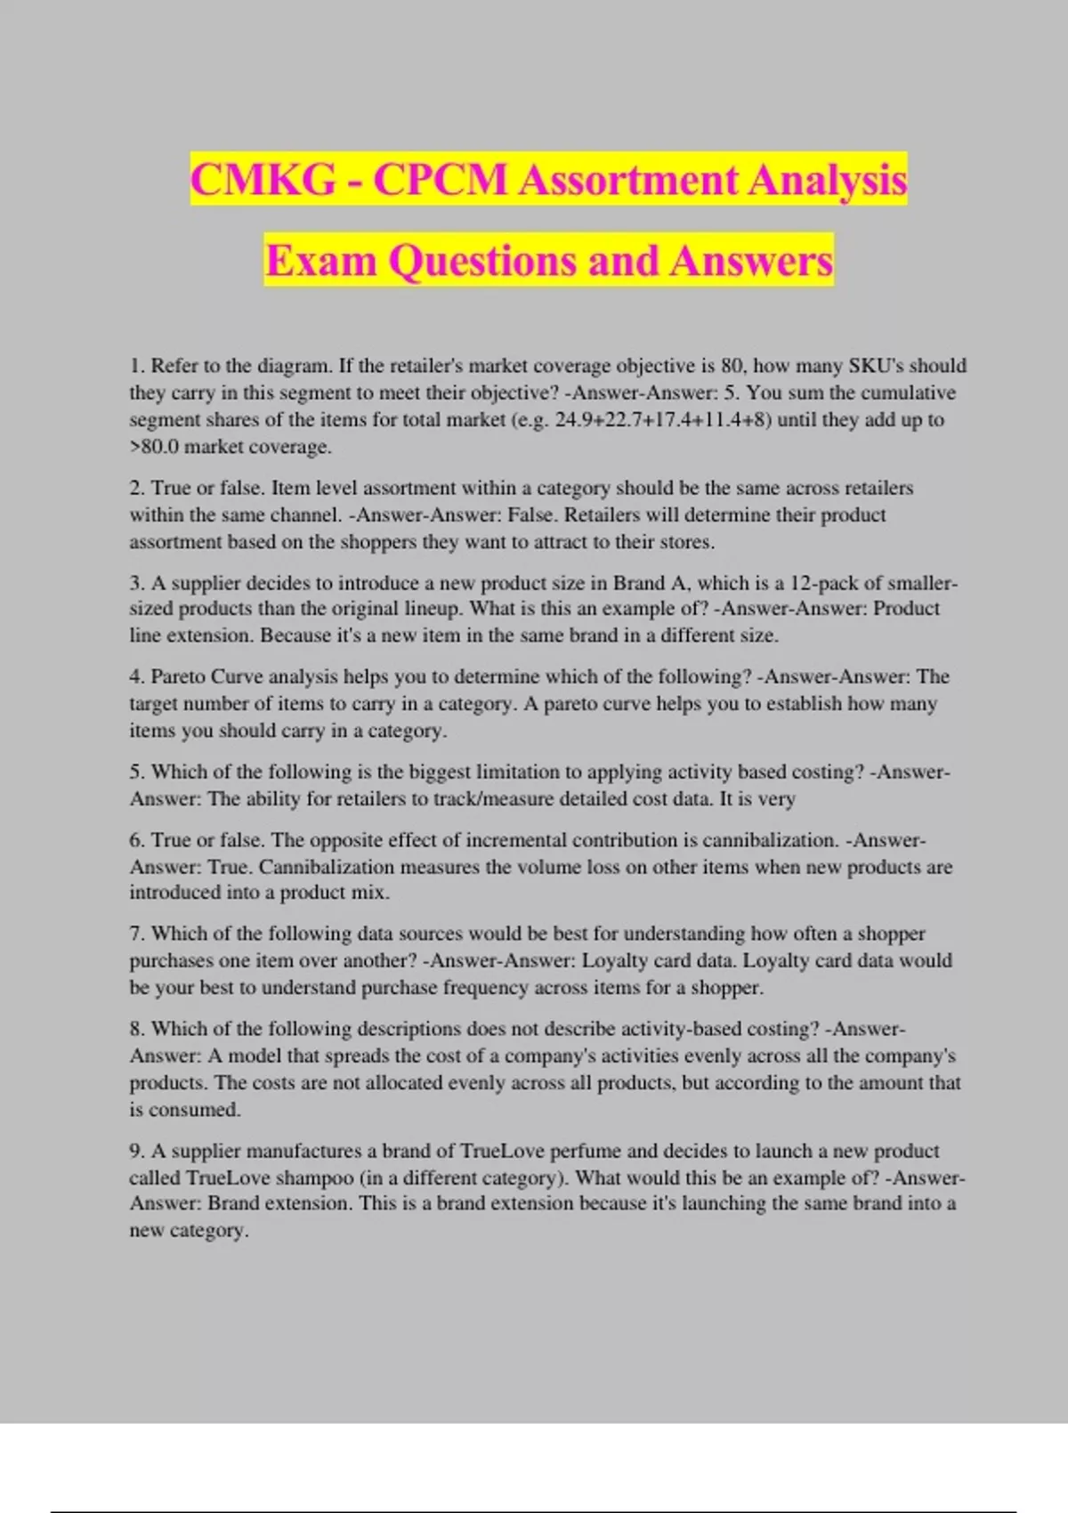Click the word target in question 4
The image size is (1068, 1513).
coord(155,704)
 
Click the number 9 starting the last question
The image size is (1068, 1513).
coord(136,1151)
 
